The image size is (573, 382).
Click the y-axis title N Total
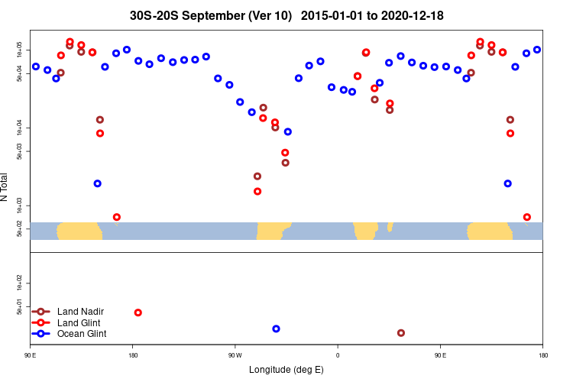tap(5, 187)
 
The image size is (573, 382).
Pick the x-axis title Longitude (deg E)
tap(286, 370)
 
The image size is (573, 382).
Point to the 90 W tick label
tap(235, 355)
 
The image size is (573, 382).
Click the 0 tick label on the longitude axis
tap(337, 355)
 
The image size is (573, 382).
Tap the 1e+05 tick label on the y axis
tap(21, 50)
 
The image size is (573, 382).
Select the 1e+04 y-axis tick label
tap(21, 128)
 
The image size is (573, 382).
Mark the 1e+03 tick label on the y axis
tap(21, 206)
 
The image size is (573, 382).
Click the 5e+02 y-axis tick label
tap(21, 229)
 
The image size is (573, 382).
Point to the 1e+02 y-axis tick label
tap(21, 283)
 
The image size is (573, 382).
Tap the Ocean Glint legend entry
tap(82, 334)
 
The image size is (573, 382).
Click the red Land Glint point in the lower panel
tap(138, 312)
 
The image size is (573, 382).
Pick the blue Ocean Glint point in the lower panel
tap(276, 329)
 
